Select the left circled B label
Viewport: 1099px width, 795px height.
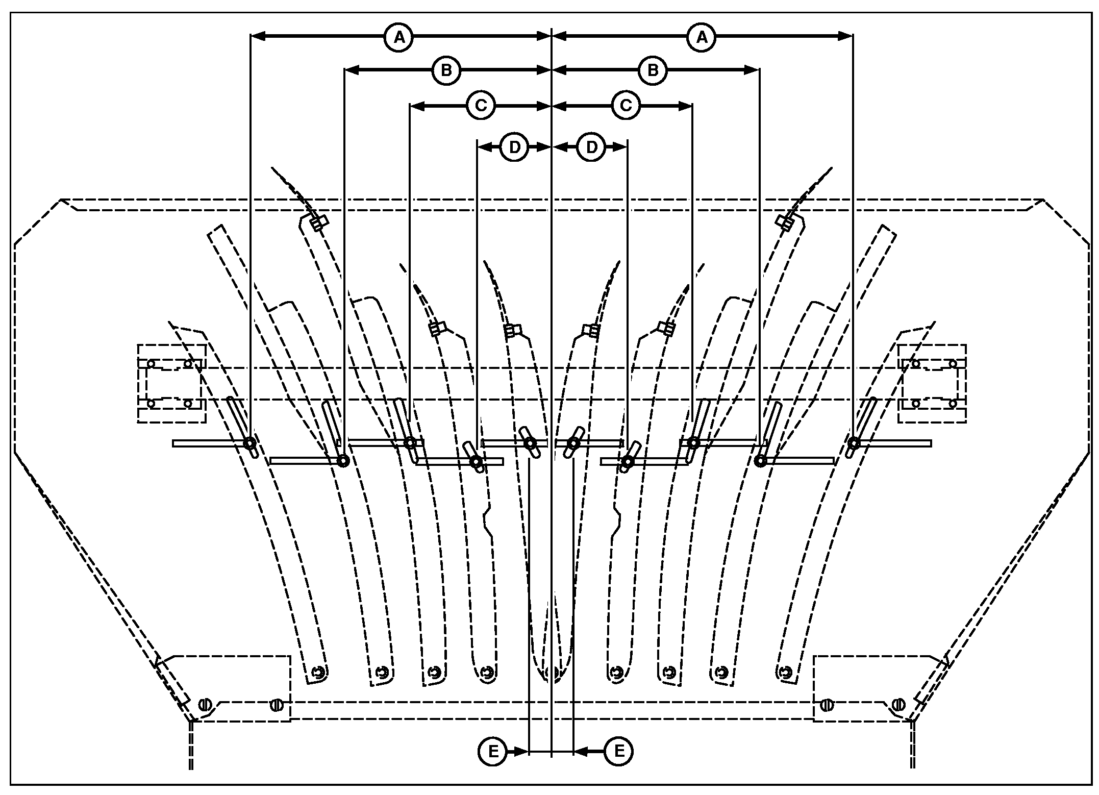(x=446, y=70)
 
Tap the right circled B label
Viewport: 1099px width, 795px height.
(x=653, y=70)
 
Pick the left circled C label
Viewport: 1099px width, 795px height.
(x=481, y=106)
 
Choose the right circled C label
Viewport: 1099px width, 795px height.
(x=626, y=106)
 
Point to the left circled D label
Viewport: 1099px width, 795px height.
(x=514, y=147)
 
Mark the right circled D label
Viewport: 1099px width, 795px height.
(x=591, y=147)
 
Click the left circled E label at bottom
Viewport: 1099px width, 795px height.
(x=493, y=751)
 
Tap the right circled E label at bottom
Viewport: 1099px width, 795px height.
(x=619, y=751)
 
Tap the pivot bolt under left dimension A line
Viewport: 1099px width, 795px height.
(x=250, y=443)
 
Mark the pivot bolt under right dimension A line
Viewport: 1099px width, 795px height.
(x=854, y=442)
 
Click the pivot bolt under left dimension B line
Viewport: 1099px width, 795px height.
(x=343, y=461)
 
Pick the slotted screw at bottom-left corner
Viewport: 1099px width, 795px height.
(x=205, y=705)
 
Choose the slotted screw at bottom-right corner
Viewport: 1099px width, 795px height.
(x=898, y=705)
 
